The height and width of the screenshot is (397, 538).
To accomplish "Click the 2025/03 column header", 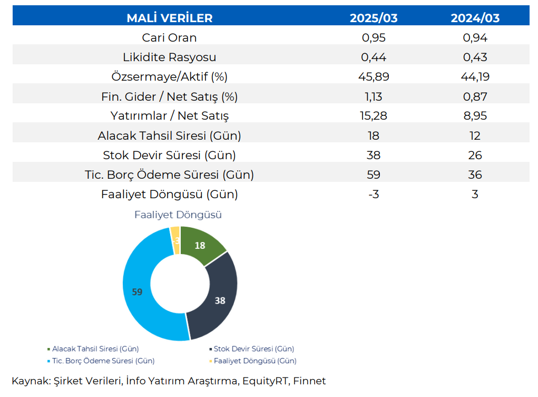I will (374, 18).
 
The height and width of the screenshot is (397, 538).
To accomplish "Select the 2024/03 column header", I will (475, 18).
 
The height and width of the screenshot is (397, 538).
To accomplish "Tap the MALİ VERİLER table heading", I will (169, 18).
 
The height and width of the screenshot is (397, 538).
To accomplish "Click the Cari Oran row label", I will (169, 38).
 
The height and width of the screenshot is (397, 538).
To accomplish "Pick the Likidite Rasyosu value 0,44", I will (374, 57).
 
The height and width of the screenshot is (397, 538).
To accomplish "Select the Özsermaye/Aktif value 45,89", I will (374, 77).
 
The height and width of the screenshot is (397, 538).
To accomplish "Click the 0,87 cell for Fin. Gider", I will (475, 96).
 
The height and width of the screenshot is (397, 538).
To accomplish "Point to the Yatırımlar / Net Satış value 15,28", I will (374, 116).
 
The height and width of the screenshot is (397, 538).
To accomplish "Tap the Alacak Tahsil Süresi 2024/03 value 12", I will (475, 135).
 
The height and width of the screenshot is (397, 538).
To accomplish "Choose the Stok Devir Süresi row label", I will (169, 156).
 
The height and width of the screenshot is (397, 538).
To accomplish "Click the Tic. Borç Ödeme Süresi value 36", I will (475, 175).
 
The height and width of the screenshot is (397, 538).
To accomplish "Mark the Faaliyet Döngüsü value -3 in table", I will (374, 194).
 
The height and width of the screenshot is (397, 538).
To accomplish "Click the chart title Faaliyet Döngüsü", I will (178, 215).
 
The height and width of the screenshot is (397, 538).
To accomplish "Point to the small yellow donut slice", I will (175, 233).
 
